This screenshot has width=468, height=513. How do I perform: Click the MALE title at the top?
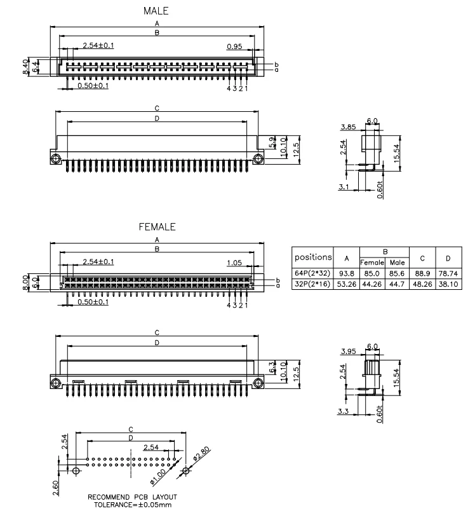(156, 11)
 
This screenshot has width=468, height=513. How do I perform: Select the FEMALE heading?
(156, 226)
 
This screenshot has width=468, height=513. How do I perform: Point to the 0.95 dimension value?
(234, 46)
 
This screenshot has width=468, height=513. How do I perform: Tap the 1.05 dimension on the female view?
(236, 262)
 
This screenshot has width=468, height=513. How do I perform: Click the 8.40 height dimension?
(25, 66)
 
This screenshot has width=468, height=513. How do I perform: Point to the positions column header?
(312, 257)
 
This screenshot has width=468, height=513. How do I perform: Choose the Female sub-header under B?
(373, 262)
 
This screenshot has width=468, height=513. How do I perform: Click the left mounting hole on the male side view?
(55, 159)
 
